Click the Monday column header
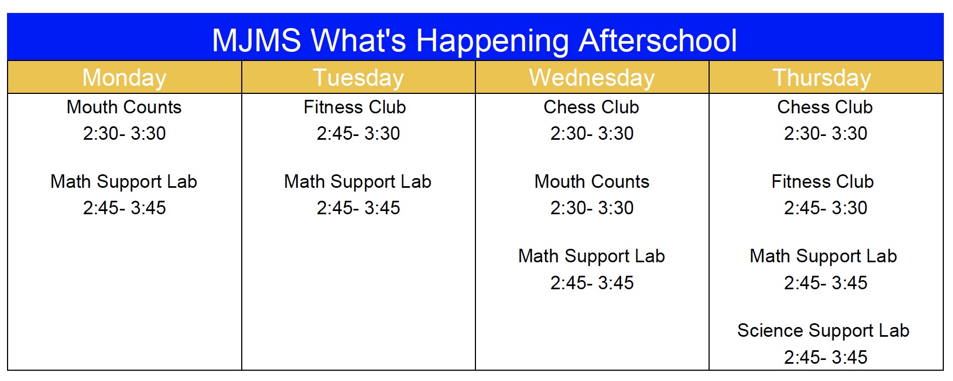pos(124,78)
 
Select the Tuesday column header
pos(358,78)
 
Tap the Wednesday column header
pos(592,78)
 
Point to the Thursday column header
pos(822,78)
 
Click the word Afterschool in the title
pos(658,40)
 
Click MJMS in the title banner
pos(256,40)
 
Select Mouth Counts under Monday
pos(124,107)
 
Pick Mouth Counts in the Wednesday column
pos(592,181)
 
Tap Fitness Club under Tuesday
pos(355,107)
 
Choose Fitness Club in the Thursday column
pos(822,181)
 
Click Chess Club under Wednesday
pos(591,107)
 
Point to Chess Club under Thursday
pos(825,107)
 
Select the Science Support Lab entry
pos(823,330)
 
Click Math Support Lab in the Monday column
pos(124,182)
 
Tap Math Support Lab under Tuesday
pos(358,182)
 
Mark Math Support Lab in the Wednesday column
pos(591,256)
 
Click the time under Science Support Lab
pos(826,357)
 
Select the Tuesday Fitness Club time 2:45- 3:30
pos(358,133)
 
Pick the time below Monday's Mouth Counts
pos(124,133)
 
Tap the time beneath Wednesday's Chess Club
pos(592,133)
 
